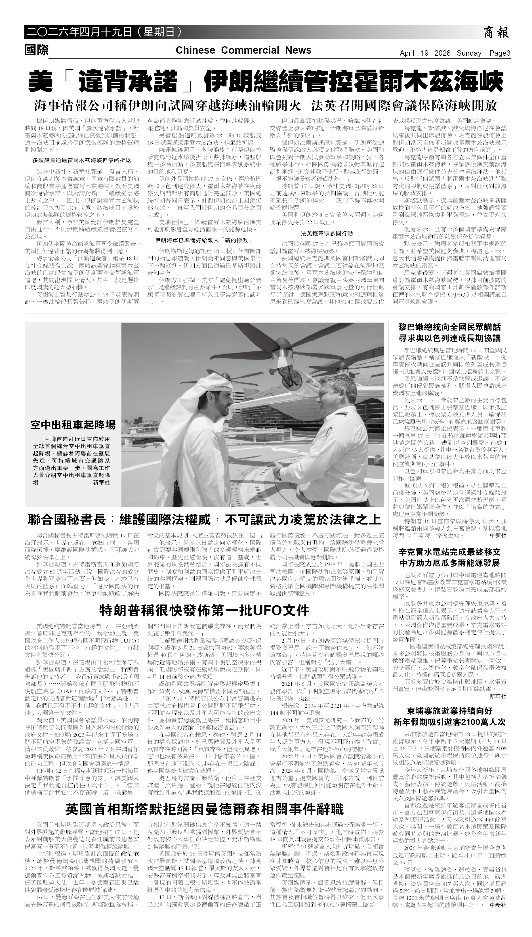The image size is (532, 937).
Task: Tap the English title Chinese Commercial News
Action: coord(243,50)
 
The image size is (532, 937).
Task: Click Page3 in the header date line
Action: coord(499,53)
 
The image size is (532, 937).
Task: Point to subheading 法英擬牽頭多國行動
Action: coord(327,233)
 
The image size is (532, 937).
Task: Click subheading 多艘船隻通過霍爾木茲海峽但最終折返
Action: coord(82,160)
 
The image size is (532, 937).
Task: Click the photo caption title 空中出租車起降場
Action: coord(73,425)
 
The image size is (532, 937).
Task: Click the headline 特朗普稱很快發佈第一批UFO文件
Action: coord(204,610)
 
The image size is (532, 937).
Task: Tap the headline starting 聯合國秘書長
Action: coord(204,520)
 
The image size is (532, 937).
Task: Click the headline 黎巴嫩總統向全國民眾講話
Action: coord(449,327)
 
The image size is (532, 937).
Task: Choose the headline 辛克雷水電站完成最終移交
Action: coord(449,552)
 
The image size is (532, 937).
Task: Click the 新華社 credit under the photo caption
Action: coord(101,482)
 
